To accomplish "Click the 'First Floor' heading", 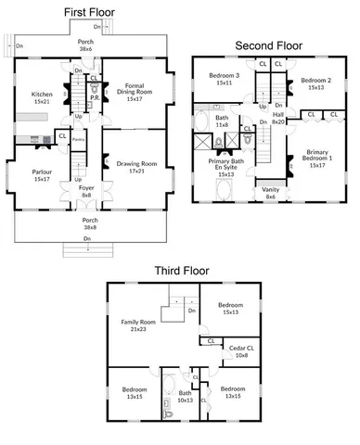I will coord(89,11).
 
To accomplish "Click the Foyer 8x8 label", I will coord(85,192).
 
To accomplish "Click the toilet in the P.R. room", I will coord(94,92).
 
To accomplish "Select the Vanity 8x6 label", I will coord(271,191).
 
